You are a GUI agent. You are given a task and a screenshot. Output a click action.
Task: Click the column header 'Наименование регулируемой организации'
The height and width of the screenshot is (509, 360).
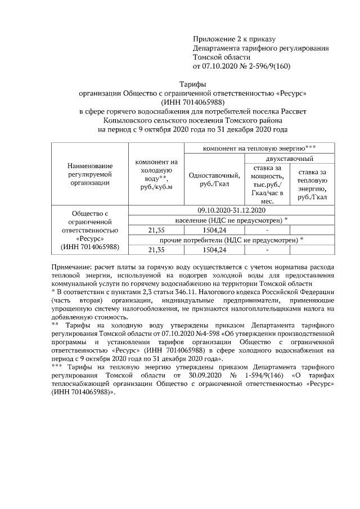(90, 174)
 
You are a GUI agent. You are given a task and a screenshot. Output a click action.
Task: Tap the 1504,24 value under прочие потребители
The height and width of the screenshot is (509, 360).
(214, 250)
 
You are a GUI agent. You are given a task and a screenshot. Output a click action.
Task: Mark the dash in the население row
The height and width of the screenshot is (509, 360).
(267, 229)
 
